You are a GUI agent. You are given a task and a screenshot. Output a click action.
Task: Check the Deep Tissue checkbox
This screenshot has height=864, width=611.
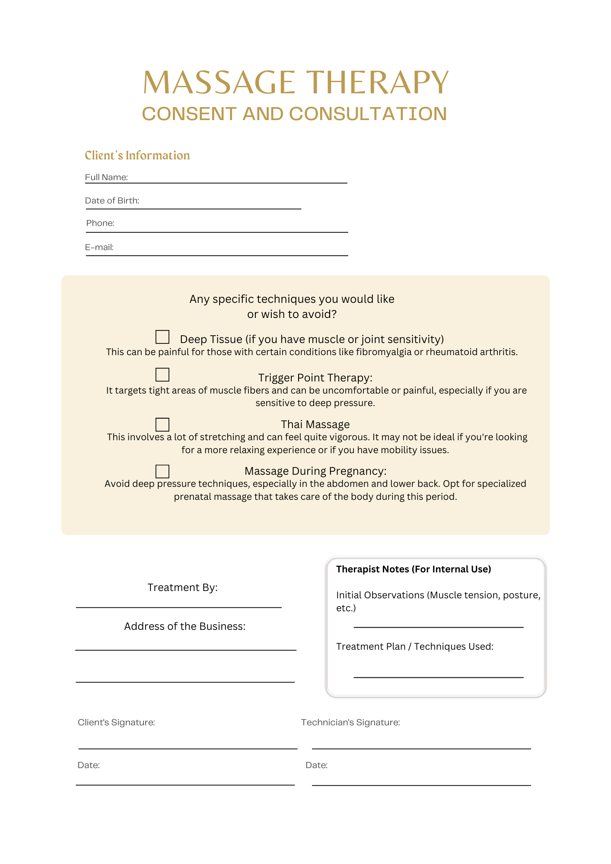click(x=162, y=337)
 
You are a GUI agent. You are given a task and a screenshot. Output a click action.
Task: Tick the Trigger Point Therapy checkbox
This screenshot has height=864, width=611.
click(x=162, y=375)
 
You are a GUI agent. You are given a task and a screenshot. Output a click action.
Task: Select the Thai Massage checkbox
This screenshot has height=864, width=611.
click(x=162, y=424)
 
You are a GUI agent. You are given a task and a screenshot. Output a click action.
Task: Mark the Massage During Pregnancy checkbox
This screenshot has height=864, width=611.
click(x=162, y=471)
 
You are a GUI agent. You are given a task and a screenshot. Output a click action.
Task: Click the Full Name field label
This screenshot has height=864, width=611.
click(x=106, y=177)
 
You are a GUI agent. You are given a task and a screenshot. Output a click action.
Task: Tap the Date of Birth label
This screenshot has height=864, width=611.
click(x=112, y=200)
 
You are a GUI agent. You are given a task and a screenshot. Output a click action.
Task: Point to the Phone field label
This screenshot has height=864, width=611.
click(x=100, y=223)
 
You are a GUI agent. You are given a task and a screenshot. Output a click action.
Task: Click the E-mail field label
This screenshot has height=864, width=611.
click(x=99, y=247)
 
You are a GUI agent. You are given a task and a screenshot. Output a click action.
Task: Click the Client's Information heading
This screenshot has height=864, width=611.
click(x=137, y=156)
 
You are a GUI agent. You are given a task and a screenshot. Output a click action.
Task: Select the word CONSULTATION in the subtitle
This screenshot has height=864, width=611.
click(x=368, y=114)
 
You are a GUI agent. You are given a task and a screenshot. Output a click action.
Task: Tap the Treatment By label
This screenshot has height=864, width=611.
click(x=182, y=588)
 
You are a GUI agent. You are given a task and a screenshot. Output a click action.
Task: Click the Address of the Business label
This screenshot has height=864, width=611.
click(x=185, y=626)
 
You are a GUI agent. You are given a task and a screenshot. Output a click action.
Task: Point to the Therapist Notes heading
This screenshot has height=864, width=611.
click(x=414, y=569)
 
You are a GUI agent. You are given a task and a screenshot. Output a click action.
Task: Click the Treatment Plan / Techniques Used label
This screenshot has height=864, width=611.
click(x=414, y=647)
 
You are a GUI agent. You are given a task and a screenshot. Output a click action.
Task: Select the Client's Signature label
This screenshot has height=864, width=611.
click(x=116, y=722)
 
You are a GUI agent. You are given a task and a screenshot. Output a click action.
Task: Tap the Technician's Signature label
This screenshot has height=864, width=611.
click(x=350, y=722)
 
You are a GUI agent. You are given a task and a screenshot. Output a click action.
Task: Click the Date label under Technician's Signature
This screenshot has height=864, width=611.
click(x=316, y=765)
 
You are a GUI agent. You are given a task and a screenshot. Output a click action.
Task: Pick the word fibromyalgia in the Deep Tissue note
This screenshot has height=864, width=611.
click(x=384, y=352)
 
